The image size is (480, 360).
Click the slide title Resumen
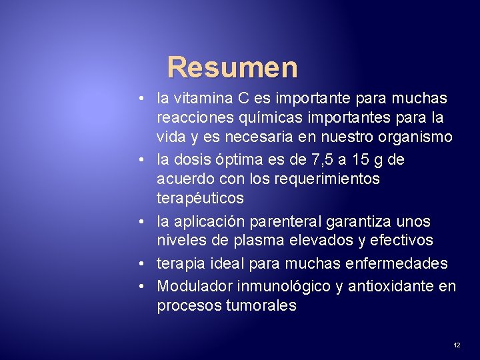tap(232, 67)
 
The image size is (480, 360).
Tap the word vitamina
tap(203, 99)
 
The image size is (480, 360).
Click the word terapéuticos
tap(200, 199)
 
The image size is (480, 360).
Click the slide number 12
tap(457, 345)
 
